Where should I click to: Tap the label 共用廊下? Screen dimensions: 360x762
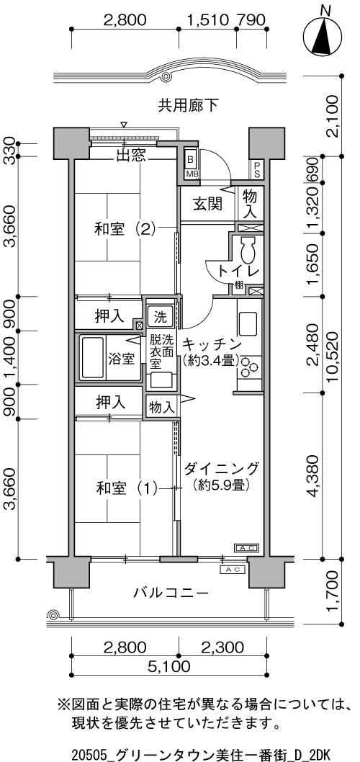(188, 105)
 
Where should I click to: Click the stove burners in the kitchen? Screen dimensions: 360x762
(249, 367)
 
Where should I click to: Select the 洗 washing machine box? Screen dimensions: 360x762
(161, 318)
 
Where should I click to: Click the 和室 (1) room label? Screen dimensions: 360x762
(126, 488)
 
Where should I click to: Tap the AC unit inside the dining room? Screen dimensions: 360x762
(247, 547)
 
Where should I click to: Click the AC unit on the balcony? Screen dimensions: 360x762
(233, 570)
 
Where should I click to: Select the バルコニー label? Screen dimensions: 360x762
(171, 593)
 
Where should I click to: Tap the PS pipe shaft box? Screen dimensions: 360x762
(256, 169)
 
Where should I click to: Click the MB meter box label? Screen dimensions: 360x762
(191, 174)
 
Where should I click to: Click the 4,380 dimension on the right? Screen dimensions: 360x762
(314, 476)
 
